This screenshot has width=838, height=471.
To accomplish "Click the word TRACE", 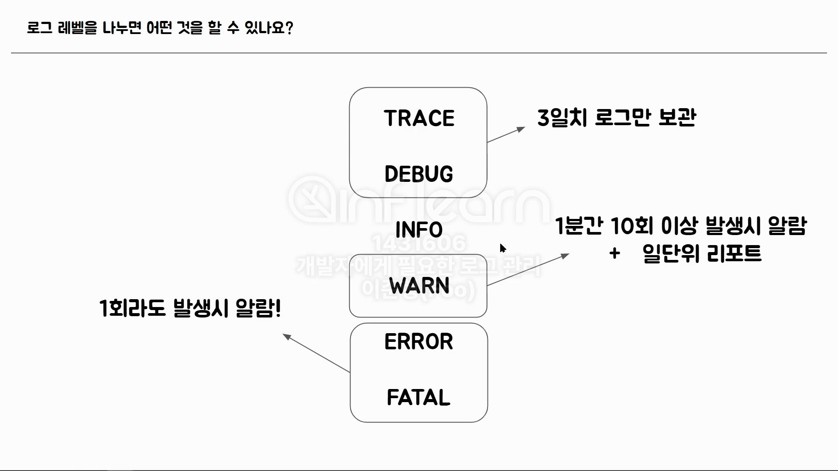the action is tap(419, 118).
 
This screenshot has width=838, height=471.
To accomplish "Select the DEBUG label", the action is tap(419, 174).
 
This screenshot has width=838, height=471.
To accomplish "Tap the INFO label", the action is tap(419, 230).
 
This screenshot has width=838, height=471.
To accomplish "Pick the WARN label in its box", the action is tap(419, 286).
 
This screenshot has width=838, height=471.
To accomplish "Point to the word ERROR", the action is tap(419, 341).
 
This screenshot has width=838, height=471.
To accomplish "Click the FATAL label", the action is tap(419, 397).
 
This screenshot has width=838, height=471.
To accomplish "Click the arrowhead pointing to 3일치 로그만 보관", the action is tap(521, 129).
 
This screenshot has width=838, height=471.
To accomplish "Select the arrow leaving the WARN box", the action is tap(528, 270).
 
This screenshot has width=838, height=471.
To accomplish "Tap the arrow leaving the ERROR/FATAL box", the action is tap(316, 353).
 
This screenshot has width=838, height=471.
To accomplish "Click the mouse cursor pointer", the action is tap(502, 248).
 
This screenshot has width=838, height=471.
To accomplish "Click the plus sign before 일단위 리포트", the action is tap(615, 253).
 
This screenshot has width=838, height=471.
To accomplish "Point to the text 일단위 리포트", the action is tap(702, 253).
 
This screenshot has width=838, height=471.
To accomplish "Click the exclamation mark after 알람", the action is tap(278, 308).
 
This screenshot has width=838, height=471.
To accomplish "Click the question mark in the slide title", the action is tap(288, 28).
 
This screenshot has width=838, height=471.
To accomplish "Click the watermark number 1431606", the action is tap(419, 243).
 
